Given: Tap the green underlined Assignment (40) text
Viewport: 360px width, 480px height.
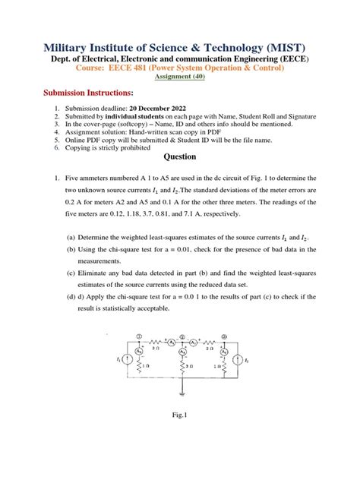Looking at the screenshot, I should [x=179, y=77].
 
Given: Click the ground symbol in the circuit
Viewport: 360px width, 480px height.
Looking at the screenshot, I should [x=182, y=393].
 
